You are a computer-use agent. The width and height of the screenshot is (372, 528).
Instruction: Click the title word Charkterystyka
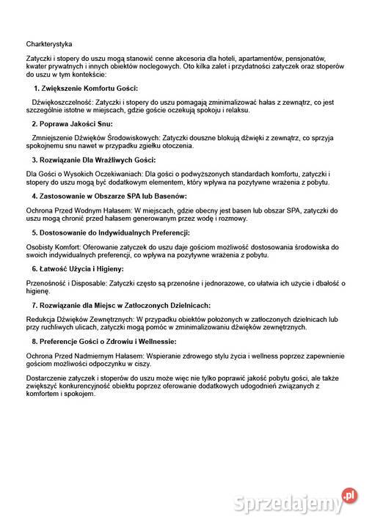[x=49, y=45]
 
